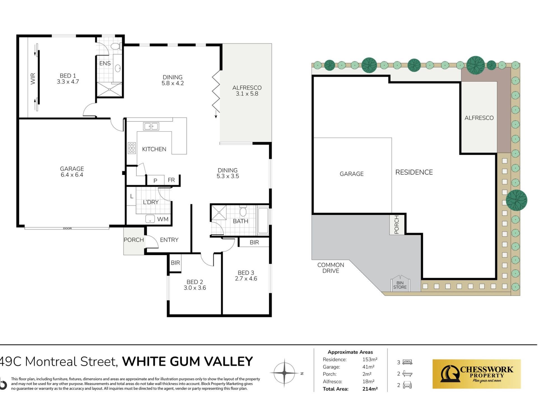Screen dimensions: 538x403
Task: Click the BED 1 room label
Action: [x=68, y=76]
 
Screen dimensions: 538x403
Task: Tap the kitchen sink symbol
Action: [x=151, y=126]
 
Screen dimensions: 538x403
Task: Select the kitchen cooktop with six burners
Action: [x=132, y=148]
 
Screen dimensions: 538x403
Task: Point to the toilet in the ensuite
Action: [x=116, y=46]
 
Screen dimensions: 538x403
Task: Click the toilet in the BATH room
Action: [x=243, y=211]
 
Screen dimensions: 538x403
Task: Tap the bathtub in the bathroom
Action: [x=263, y=221]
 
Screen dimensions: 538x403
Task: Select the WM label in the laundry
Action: [x=163, y=219]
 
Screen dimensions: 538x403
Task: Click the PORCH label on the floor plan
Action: [x=134, y=240]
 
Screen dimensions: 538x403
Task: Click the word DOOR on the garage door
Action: [x=67, y=228]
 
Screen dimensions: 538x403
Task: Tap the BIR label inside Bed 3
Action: [x=254, y=242]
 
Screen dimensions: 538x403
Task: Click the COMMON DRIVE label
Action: [x=331, y=268]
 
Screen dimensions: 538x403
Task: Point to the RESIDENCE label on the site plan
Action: [x=414, y=172]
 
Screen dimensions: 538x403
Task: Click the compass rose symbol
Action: [x=284, y=373]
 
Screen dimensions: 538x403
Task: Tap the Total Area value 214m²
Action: [x=370, y=389]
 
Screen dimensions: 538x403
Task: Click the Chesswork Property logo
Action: [x=476, y=374]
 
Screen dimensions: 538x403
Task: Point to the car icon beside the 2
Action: [x=407, y=385]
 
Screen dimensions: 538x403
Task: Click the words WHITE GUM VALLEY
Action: [x=187, y=361]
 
